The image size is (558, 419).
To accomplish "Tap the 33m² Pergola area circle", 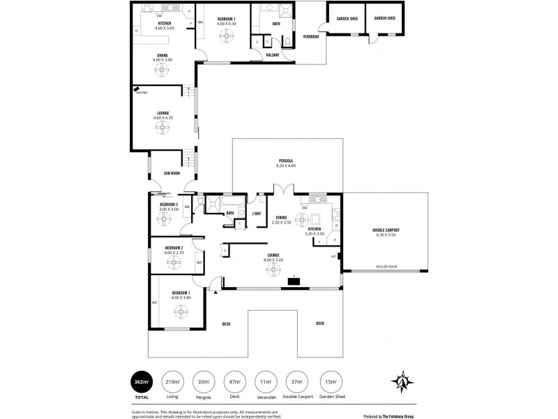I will coord(204,382).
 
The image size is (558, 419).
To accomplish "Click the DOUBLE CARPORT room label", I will coord(386,232).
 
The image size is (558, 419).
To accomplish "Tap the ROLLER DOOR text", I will coord(386,266).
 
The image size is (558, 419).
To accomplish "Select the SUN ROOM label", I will coord(172,173).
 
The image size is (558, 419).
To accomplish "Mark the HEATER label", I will coord(141,91).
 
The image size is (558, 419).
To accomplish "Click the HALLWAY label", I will coord(273,54).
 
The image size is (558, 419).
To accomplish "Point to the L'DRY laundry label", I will coord(256,214).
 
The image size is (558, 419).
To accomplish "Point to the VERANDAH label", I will coord(312,36).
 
